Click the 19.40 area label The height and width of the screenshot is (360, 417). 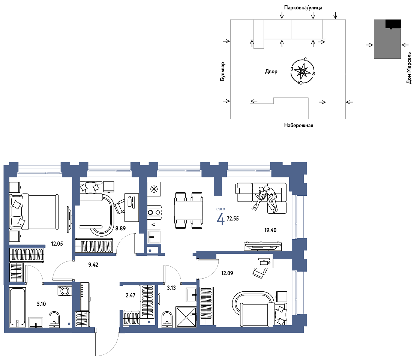click(270, 230)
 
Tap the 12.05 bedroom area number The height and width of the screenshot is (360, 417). click(57, 243)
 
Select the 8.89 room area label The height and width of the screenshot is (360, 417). click(120, 228)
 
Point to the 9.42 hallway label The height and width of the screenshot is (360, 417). click(93, 265)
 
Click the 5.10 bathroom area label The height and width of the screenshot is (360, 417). click(42, 304)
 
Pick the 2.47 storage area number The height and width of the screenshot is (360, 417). click(130, 295)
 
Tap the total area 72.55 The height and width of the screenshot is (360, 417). click(233, 219)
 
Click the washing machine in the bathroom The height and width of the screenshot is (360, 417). click(64, 290)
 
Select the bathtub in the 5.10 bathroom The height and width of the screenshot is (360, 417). click(18, 307)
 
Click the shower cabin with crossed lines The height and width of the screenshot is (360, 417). click(186, 317)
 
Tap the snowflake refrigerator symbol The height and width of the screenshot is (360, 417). click(154, 189)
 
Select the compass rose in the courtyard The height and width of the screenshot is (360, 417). click(302, 71)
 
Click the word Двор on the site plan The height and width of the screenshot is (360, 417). click(271, 72)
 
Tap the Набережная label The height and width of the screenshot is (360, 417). click(298, 126)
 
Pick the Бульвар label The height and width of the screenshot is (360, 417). click(223, 72)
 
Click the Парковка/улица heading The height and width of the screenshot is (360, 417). click(303, 7)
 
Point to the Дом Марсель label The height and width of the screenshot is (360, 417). click(409, 68)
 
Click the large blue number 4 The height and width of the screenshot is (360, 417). click(221, 219)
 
